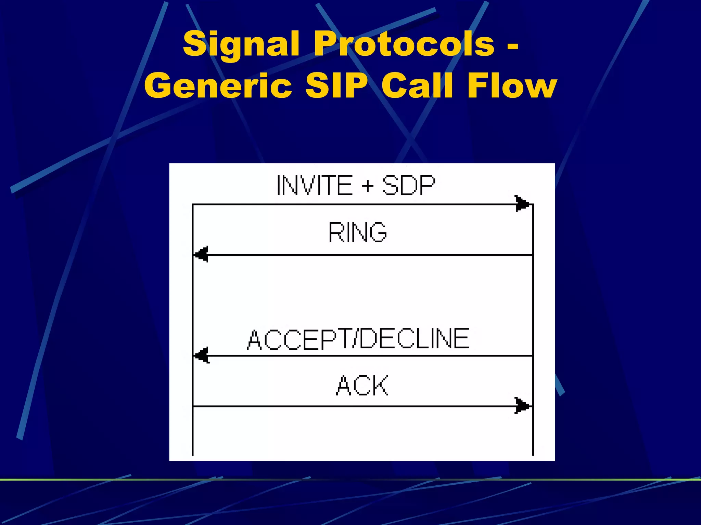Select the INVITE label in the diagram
(x=314, y=185)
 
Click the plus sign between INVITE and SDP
(x=367, y=186)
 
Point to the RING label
(x=357, y=232)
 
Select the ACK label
(x=362, y=385)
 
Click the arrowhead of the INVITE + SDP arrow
(x=523, y=204)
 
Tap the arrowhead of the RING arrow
(x=202, y=255)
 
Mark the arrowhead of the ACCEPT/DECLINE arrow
(x=202, y=356)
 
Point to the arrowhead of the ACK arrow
(x=523, y=406)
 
